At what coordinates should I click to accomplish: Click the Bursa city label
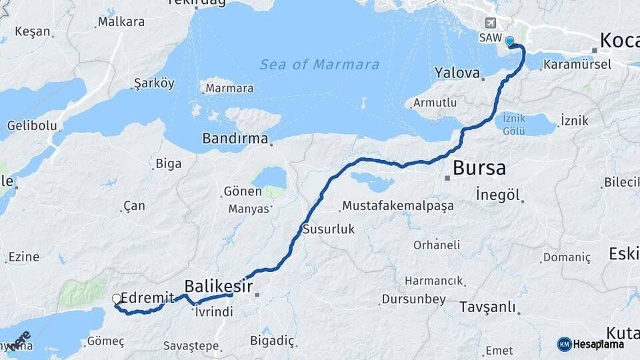tap(479, 168)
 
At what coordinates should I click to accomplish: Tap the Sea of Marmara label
tap(319, 65)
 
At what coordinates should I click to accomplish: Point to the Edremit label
tap(148, 298)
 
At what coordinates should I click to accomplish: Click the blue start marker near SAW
tap(510, 41)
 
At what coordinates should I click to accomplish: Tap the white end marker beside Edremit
tap(117, 299)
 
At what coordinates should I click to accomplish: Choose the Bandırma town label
tap(235, 139)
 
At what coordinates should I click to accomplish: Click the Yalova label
tap(457, 72)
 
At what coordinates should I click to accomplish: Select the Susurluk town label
tap(329, 229)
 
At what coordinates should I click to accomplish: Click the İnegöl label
tap(497, 195)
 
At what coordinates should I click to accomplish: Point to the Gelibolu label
tap(29, 125)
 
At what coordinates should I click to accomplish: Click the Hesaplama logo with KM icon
tap(591, 344)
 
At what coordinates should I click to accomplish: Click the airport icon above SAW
tap(491, 22)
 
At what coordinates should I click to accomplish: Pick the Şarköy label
tap(154, 83)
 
